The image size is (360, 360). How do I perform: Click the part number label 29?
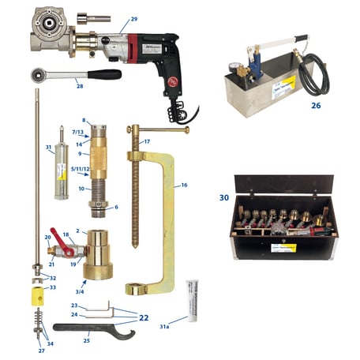133,18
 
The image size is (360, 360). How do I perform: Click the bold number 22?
143,318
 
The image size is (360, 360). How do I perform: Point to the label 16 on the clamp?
184,185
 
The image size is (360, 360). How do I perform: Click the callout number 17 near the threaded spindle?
146,141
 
